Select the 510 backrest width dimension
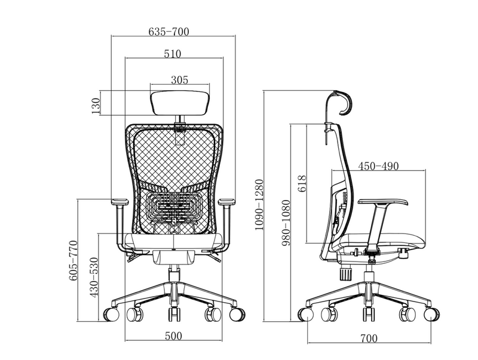pos(172,54)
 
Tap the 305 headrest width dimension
pos(179,79)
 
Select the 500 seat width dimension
pos(173,336)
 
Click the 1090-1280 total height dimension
pos(259,205)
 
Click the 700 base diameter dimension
pos(369,339)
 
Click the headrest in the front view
pos(180,101)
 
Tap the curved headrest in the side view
pos(344,100)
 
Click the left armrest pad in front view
pos(119,201)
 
